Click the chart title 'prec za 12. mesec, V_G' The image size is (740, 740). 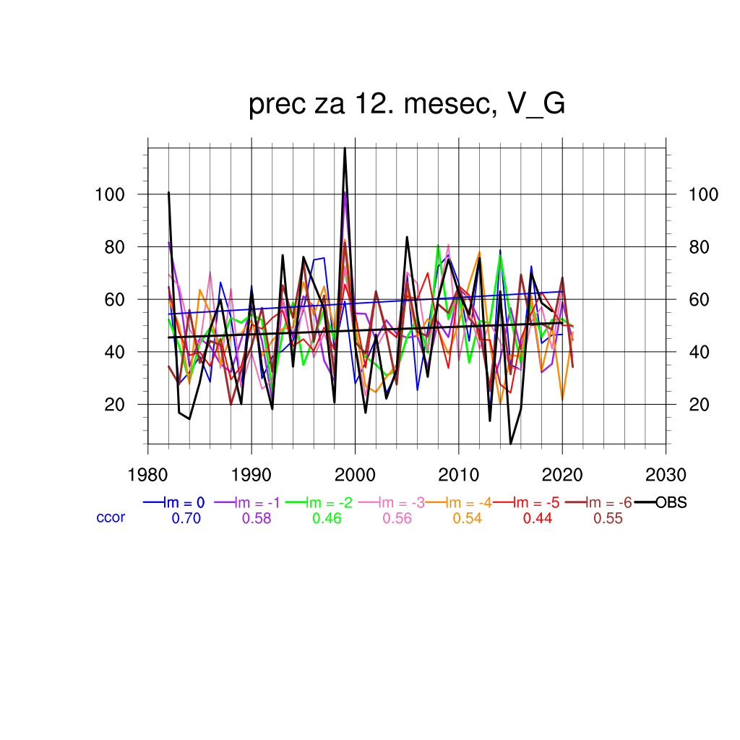[x=406, y=105]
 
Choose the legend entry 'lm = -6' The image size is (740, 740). [x=606, y=503]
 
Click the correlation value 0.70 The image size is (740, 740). [x=185, y=518]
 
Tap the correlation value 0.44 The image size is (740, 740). [x=537, y=518]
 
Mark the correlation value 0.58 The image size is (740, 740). [x=255, y=518]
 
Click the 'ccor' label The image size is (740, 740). [x=111, y=517]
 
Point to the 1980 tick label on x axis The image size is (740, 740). [x=148, y=475]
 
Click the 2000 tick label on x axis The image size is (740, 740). [x=355, y=475]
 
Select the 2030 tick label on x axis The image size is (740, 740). [x=666, y=475]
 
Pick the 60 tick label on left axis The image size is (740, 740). [x=115, y=299]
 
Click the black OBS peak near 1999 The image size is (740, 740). [x=345, y=148]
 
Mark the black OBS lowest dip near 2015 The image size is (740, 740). [x=510, y=443]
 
